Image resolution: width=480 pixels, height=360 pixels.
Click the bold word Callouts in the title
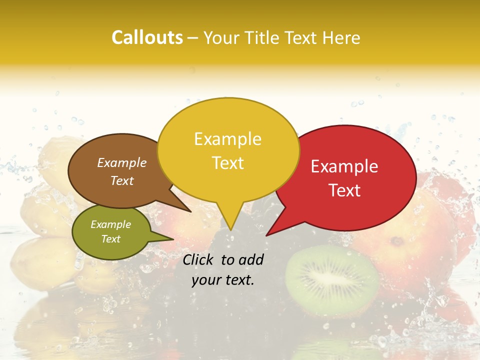click(147, 37)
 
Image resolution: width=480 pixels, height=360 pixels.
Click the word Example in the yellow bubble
click(227, 139)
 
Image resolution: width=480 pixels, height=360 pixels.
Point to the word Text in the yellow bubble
click(227, 163)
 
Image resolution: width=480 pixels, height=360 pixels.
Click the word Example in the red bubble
click(344, 166)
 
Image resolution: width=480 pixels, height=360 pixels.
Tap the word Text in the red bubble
click(345, 190)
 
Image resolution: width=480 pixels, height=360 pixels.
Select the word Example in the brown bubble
click(121, 163)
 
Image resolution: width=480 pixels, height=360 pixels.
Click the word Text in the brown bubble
click(121, 181)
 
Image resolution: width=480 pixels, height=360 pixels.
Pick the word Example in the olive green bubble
click(110, 224)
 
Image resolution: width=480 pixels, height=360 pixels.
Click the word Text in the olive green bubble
click(110, 239)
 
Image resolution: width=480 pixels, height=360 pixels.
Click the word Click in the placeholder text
click(199, 259)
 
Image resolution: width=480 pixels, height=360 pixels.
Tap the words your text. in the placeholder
click(222, 280)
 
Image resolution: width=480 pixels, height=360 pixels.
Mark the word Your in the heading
click(220, 38)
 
